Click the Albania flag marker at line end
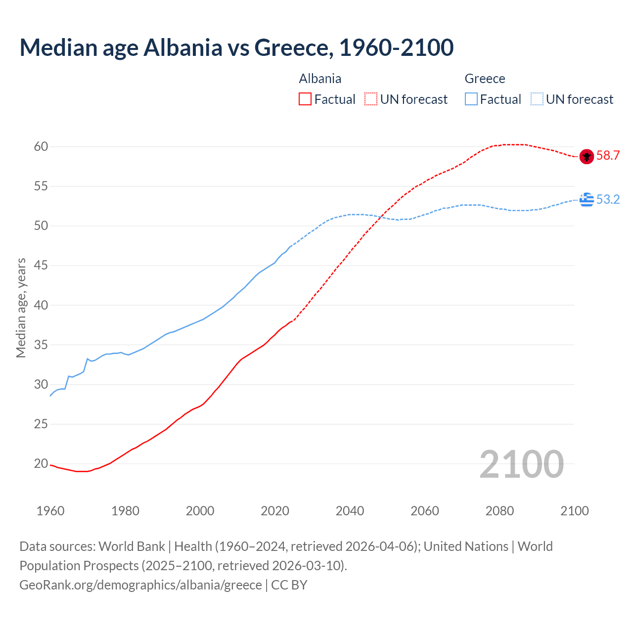click(586, 156)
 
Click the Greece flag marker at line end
click(587, 200)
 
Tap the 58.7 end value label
click(608, 156)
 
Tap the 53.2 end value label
click(608, 199)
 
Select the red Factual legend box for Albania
click(305, 99)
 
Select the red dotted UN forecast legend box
click(371, 99)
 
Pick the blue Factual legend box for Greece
click(471, 99)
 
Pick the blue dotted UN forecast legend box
click(537, 99)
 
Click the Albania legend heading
click(320, 79)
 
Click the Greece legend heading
click(485, 79)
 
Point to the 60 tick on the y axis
click(41, 146)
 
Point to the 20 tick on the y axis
click(41, 464)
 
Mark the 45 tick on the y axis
click(41, 266)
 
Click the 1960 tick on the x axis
click(50, 511)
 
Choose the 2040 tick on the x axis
click(350, 511)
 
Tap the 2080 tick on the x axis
click(499, 511)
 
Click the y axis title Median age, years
click(21, 308)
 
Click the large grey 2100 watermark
click(521, 464)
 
